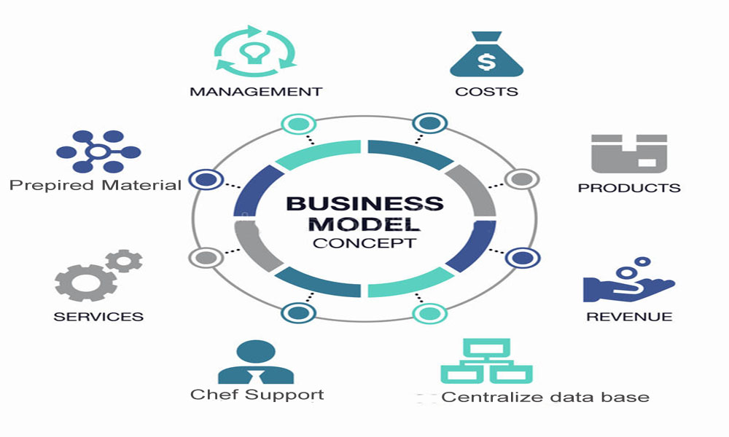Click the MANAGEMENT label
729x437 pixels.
pyautogui.click(x=255, y=92)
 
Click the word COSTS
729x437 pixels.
pyautogui.click(x=486, y=92)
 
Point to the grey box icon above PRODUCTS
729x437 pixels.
pyautogui.click(x=628, y=153)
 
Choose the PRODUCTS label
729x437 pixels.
pyautogui.click(x=628, y=188)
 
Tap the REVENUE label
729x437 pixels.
pyautogui.click(x=629, y=317)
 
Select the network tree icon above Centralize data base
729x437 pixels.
pyautogui.click(x=486, y=361)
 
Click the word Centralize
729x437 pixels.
pyautogui.click(x=486, y=397)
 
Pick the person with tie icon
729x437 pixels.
pyautogui.click(x=256, y=362)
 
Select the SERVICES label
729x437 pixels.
pyautogui.click(x=98, y=317)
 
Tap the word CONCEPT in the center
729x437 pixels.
pyautogui.click(x=364, y=243)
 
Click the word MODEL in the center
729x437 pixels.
pyautogui.click(x=364, y=224)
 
